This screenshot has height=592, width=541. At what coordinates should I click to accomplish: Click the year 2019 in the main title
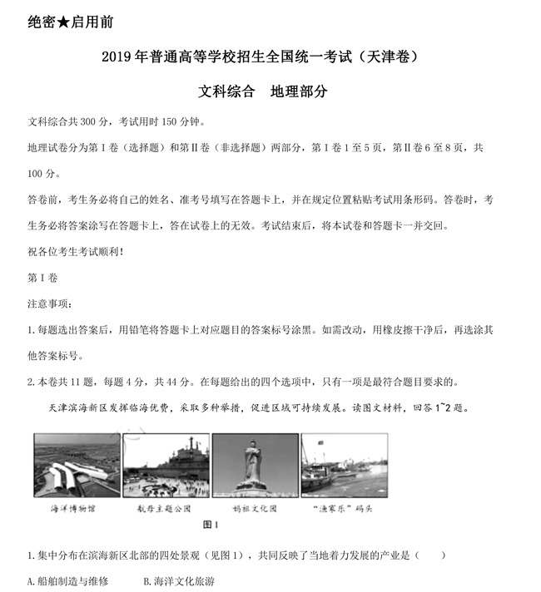coord(116,57)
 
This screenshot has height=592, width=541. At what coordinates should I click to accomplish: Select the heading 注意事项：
coord(50,303)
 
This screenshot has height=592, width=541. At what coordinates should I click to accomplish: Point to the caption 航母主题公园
coord(164,507)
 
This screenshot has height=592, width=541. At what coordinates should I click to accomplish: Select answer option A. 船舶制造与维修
coord(67,581)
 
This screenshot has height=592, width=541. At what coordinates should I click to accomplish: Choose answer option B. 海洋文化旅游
coord(179,581)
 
